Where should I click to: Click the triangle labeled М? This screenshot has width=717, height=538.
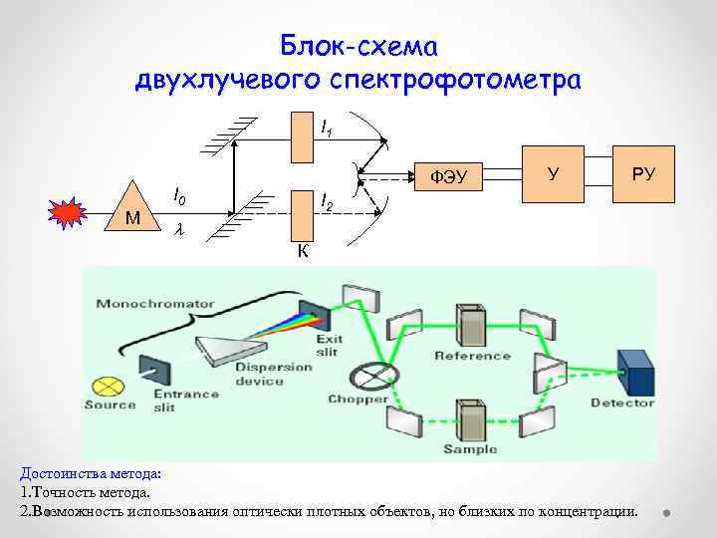coord(131,210)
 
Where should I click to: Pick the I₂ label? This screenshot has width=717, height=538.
coord(327,204)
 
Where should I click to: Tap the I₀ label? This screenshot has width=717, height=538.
coord(179,196)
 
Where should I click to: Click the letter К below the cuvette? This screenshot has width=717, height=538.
coord(303,251)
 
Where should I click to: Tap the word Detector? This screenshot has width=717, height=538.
coord(622,403)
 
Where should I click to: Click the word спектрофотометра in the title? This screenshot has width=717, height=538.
coord(468,79)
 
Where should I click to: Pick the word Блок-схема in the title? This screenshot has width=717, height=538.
coord(358,46)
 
